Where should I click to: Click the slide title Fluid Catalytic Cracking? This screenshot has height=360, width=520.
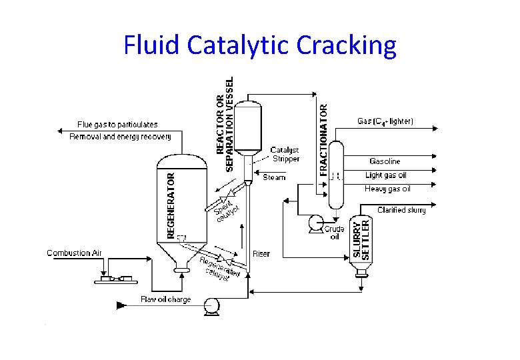pyautogui.click(x=260, y=45)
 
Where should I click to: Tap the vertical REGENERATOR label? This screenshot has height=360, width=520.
pyautogui.click(x=171, y=205)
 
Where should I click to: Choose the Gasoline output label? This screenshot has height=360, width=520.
pyautogui.click(x=385, y=161)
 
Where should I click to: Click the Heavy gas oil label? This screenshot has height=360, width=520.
pyautogui.click(x=387, y=189)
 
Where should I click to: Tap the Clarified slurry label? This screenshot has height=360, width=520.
pyautogui.click(x=401, y=210)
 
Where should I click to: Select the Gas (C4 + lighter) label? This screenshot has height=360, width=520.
pyautogui.click(x=385, y=121)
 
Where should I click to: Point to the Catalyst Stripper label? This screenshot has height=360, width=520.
pyautogui.click(x=285, y=154)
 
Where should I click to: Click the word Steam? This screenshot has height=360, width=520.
pyautogui.click(x=274, y=177)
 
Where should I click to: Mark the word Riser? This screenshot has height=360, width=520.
pyautogui.click(x=261, y=254)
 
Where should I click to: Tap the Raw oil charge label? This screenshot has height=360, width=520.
pyautogui.click(x=166, y=299)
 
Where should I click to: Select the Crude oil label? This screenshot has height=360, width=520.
pyautogui.click(x=334, y=233)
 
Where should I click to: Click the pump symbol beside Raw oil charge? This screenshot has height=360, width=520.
pyautogui.click(x=212, y=305)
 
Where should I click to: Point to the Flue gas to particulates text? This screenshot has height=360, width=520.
pyautogui.click(x=117, y=124)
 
